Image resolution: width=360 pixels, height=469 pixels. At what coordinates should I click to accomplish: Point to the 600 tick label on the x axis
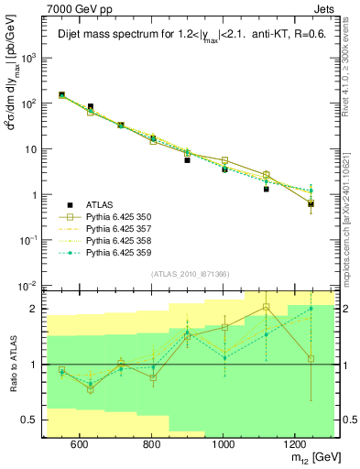coord(80,444)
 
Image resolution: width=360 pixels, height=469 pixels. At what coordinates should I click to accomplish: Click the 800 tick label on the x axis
coord(152,444)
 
